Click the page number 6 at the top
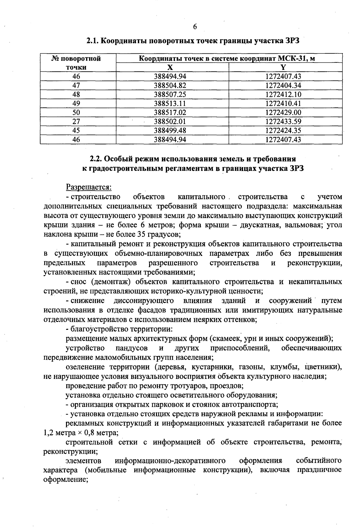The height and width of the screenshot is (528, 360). pos(195,27)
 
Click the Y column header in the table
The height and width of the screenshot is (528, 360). pos(283,67)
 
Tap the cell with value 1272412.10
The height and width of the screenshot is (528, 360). pos(283,94)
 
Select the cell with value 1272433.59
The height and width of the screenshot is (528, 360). pos(283,121)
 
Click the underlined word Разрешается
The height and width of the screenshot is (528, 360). pos(88,187)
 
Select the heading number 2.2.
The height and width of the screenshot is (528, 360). pos(97,158)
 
